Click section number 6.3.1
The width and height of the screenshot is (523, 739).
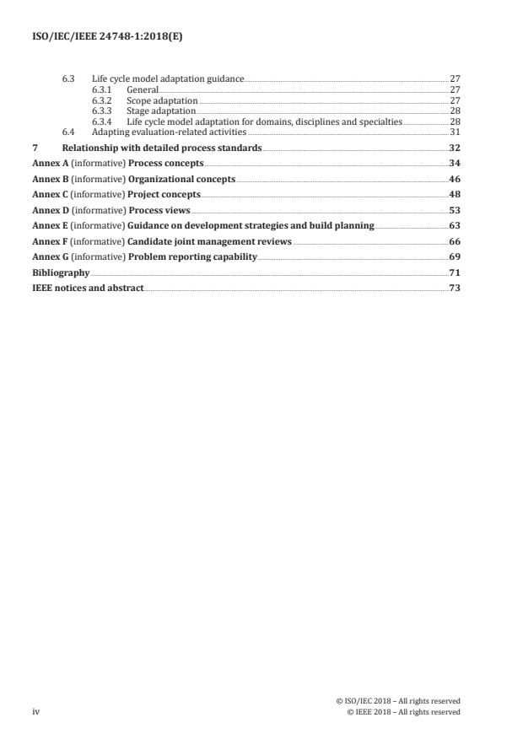(x=102, y=89)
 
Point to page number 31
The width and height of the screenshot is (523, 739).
(x=455, y=132)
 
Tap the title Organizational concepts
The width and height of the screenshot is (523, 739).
(x=181, y=179)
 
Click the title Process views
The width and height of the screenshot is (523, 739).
(x=159, y=210)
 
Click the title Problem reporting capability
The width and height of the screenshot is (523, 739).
(x=192, y=256)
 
